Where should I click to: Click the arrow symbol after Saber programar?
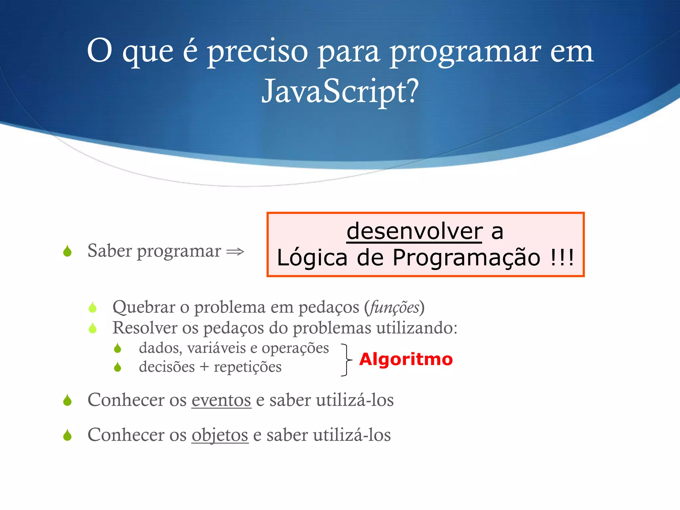click(235, 252)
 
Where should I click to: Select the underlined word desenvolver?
click(414, 231)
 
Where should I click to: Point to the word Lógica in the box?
click(312, 258)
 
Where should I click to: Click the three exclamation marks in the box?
click(562, 258)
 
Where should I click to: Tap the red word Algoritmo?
click(406, 359)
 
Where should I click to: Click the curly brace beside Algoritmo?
click(346, 360)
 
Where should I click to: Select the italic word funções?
click(394, 307)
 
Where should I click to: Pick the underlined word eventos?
click(221, 400)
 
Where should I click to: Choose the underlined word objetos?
click(220, 435)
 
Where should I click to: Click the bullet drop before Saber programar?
click(67, 251)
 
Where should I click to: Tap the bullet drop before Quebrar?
click(93, 307)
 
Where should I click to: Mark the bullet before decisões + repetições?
click(118, 367)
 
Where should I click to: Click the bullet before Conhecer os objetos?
click(67, 435)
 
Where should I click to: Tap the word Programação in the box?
click(467, 258)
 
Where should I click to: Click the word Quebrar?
click(144, 307)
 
